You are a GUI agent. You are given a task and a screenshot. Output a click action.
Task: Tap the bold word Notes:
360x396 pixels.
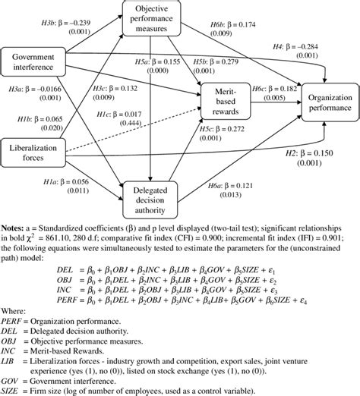[x=18, y=226]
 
